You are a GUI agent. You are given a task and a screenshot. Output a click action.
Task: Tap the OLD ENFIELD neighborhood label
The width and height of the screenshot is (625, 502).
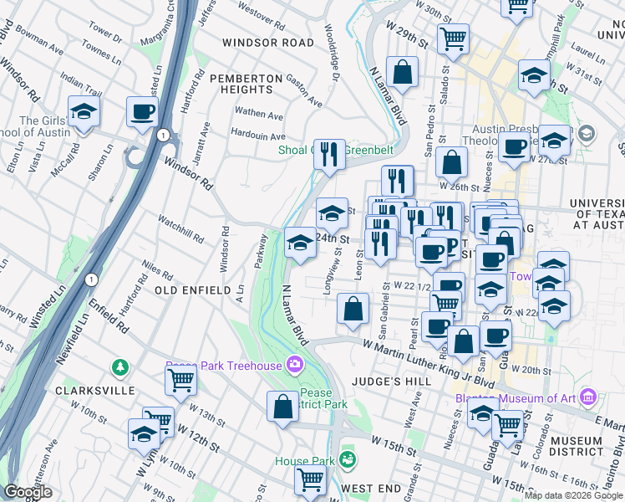click(x=192, y=289)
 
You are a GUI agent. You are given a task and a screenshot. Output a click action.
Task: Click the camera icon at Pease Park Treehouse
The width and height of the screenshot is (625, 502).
click(x=294, y=364)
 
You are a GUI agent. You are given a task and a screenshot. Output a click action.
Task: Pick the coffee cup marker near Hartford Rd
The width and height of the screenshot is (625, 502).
click(x=143, y=111)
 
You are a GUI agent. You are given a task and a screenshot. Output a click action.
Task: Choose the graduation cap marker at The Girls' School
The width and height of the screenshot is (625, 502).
click(x=84, y=111)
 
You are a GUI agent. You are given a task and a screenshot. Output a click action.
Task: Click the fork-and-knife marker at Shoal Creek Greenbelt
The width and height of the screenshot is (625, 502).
click(x=329, y=153)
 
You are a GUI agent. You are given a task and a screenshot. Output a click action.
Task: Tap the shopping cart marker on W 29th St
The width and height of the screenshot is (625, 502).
click(x=452, y=37)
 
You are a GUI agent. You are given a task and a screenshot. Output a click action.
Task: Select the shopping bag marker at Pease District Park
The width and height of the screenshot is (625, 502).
click(x=283, y=406)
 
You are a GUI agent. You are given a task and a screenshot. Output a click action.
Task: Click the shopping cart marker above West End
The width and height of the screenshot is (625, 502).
click(x=310, y=480)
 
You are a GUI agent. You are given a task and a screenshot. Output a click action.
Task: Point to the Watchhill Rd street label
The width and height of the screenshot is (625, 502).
click(x=181, y=228)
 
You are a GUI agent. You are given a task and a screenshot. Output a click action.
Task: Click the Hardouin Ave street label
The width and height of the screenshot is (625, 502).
click(x=258, y=136)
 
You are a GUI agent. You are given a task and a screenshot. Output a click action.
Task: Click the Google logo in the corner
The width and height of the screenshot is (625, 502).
click(x=28, y=493)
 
